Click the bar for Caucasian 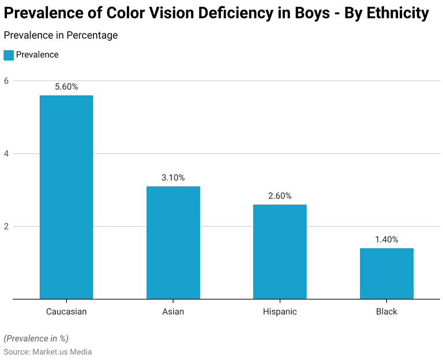click(x=66, y=197)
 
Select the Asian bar click(x=173, y=242)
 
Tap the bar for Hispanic click(x=280, y=252)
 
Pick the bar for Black click(x=386, y=273)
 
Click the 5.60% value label click(x=66, y=87)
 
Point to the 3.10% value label click(x=173, y=178)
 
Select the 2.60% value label click(x=280, y=196)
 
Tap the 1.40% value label click(x=386, y=239)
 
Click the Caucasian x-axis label click(x=66, y=312)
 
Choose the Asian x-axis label click(x=173, y=312)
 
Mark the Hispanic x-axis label click(x=280, y=312)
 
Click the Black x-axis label click(x=386, y=312)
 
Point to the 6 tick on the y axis click(x=6, y=81)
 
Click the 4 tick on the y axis click(x=6, y=153)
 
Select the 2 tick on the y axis click(x=6, y=226)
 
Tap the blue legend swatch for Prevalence click(x=9, y=55)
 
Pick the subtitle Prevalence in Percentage click(x=61, y=35)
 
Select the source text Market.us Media click(x=62, y=351)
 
